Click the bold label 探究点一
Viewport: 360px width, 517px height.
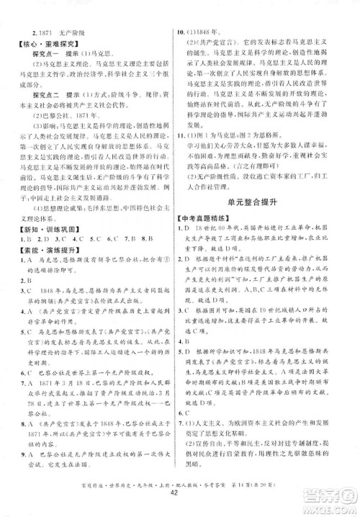(x=46, y=55)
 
